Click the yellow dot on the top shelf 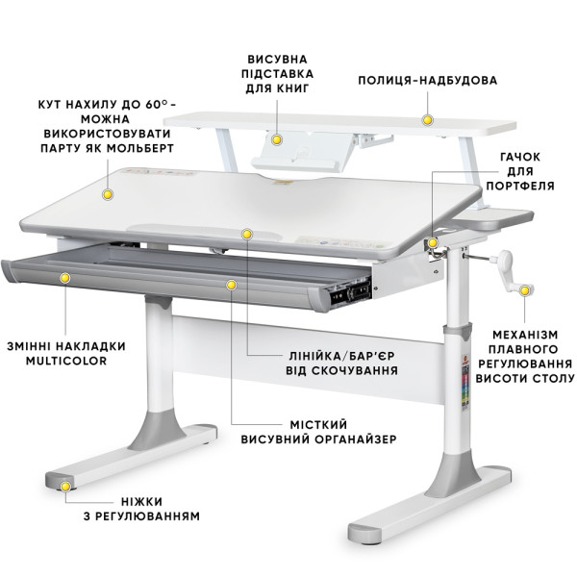(427, 120)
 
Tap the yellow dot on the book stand (277, 139)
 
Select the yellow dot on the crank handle (525, 290)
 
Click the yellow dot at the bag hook (433, 243)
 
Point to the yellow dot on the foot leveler (65, 487)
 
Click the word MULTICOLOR (66, 361)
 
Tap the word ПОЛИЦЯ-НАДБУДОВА (428, 80)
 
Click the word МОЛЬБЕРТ (140, 148)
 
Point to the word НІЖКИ (141, 502)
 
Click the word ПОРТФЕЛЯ (520, 186)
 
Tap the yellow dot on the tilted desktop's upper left (108, 194)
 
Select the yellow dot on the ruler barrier (247, 234)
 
